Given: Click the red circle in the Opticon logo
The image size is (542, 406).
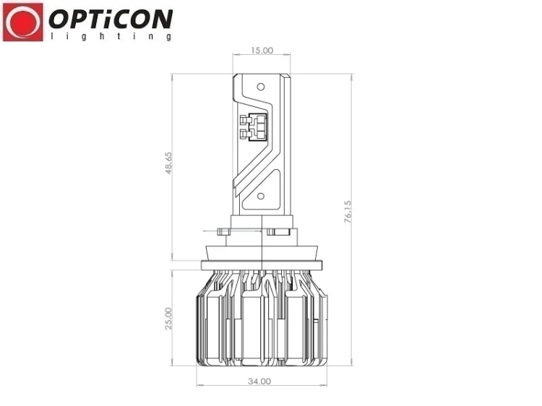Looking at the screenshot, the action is click(23, 22).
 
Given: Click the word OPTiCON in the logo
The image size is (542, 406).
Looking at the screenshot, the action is click(111, 19).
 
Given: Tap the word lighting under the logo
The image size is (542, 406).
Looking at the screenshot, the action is click(111, 36).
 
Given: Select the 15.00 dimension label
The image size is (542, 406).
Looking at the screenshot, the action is click(262, 51).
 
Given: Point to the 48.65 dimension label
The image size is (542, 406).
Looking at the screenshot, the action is click(168, 163).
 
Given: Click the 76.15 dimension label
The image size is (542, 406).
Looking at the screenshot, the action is click(348, 211).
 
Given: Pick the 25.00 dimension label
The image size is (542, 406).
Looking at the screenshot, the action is click(168, 319).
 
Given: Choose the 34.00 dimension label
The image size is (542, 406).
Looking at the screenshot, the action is click(259, 381).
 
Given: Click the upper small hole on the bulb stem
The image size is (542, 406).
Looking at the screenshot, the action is click(261, 87).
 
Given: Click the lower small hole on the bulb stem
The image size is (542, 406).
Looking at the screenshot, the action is click(261, 196).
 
